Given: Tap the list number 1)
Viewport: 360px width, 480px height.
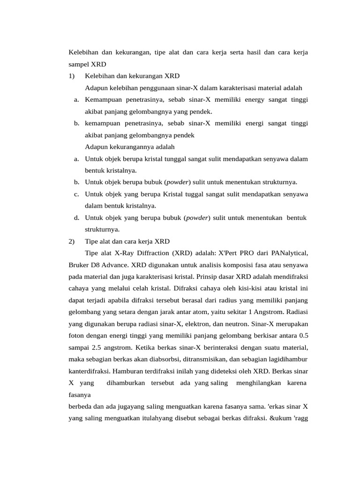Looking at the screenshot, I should [x=72, y=76].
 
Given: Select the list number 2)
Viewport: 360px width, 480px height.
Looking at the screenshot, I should [x=72, y=241].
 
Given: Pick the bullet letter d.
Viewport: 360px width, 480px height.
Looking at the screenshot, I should [x=76, y=217].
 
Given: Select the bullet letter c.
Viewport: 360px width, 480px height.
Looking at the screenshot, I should [x=76, y=194].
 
